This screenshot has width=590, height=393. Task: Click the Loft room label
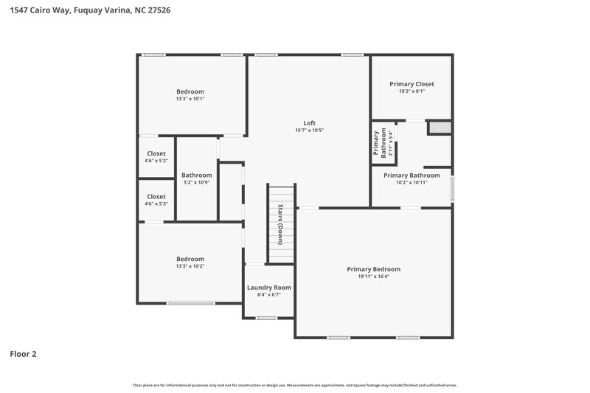(309, 122)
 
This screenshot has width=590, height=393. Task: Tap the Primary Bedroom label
(373, 269)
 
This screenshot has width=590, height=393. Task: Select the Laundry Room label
(268, 288)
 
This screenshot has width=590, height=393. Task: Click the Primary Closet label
(412, 84)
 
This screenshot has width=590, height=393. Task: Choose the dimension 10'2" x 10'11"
(412, 182)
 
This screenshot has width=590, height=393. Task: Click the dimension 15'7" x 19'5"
(309, 131)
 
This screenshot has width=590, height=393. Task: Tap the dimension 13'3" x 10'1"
(190, 99)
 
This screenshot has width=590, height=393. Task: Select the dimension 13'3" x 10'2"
(190, 266)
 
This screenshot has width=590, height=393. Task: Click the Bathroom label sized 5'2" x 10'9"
(196, 175)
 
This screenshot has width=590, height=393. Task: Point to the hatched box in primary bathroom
(439, 128)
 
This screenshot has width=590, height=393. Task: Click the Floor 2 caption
(23, 354)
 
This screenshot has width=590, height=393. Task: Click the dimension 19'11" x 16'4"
(373, 277)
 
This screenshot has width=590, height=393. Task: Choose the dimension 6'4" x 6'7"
(268, 295)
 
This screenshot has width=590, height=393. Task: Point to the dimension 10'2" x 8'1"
(412, 91)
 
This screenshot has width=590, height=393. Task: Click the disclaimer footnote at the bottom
(295, 385)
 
